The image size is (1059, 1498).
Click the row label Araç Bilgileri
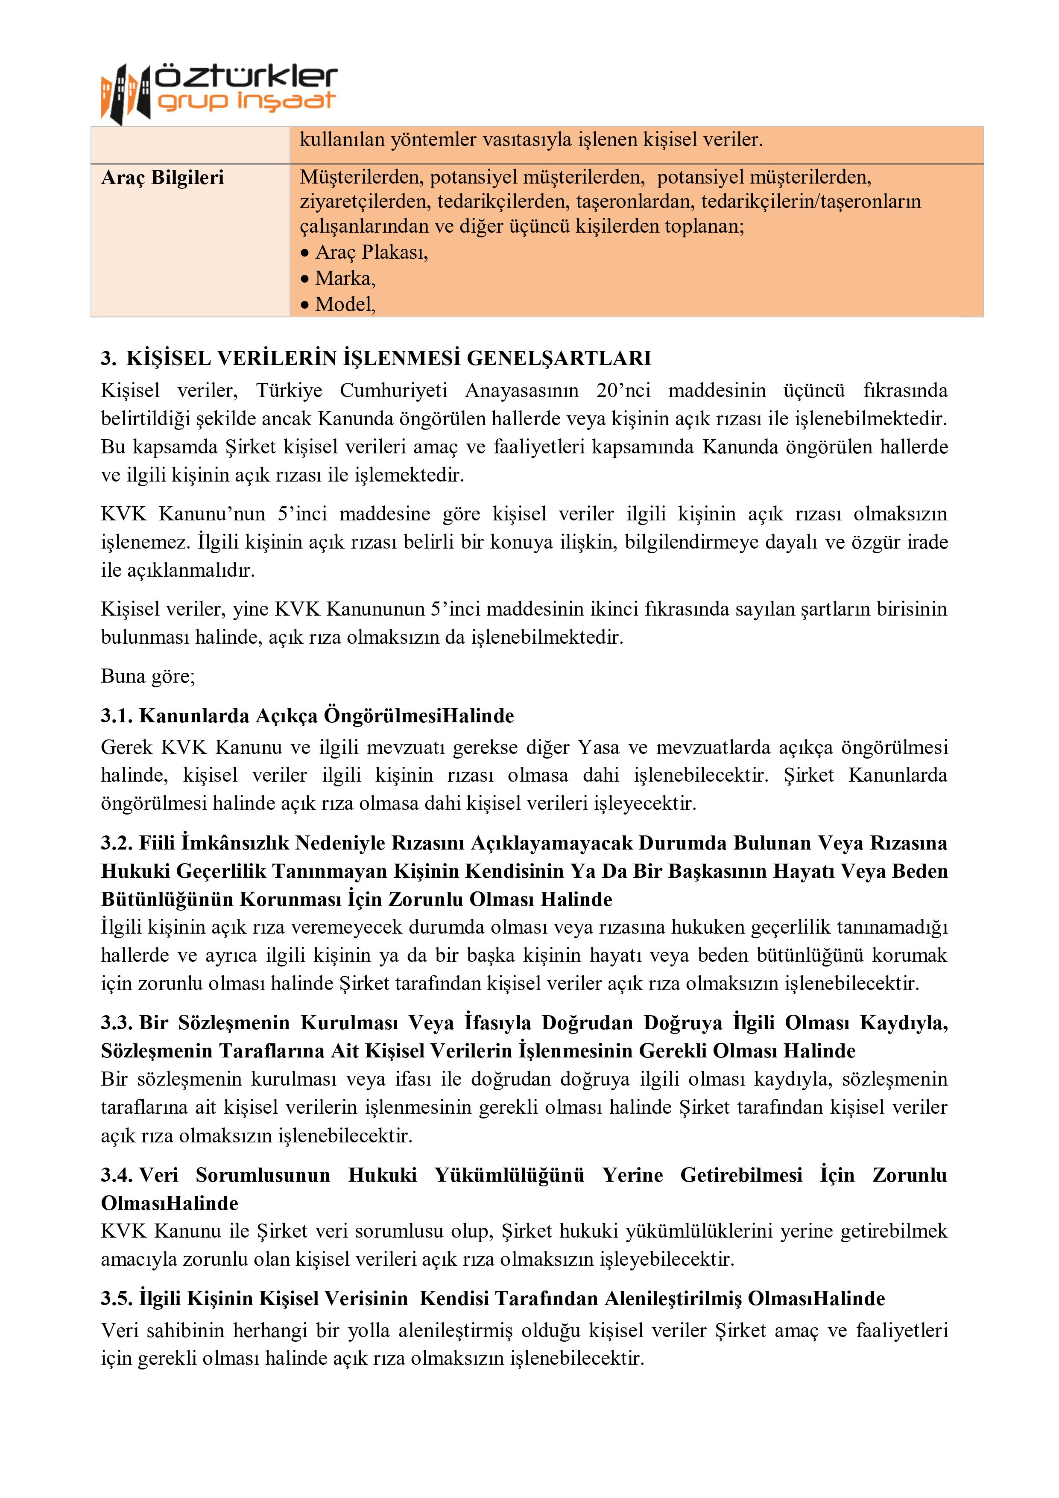[162, 178]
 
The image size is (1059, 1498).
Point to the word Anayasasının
[521, 390]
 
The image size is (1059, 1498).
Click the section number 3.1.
[117, 716]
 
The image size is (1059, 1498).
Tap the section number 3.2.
[117, 843]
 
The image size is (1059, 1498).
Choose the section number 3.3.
[117, 1022]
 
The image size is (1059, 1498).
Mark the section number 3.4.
[117, 1175]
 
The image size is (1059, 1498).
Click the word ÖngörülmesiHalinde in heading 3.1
[419, 716]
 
